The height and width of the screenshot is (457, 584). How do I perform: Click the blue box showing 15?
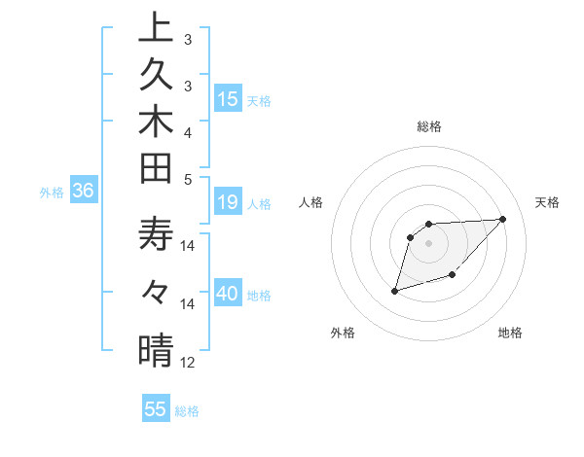point(228,99)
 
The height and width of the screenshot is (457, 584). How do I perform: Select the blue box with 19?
point(228,203)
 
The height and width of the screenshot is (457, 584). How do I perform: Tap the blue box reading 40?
point(228,295)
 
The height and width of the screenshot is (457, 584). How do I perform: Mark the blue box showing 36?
point(83,192)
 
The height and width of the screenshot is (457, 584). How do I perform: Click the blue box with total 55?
point(156,409)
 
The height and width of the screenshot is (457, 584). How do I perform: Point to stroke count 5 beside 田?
point(188,179)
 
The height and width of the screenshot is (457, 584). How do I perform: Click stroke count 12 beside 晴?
point(188,363)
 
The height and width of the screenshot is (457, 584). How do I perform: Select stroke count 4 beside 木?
point(188,132)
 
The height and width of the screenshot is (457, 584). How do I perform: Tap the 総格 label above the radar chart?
point(429,126)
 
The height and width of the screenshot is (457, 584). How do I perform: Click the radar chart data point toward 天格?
point(502,219)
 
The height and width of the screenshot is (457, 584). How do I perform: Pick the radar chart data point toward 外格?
point(395,290)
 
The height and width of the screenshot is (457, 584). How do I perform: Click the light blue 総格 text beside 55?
point(187,411)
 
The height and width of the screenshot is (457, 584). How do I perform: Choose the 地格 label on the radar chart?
point(510,333)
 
